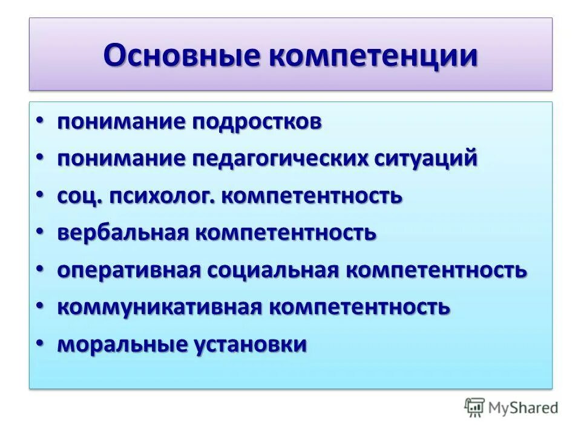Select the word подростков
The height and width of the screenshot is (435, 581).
tap(257, 122)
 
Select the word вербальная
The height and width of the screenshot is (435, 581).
tap(122, 233)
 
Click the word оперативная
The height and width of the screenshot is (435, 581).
tap(129, 270)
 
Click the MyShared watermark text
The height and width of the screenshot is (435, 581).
tap(524, 408)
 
